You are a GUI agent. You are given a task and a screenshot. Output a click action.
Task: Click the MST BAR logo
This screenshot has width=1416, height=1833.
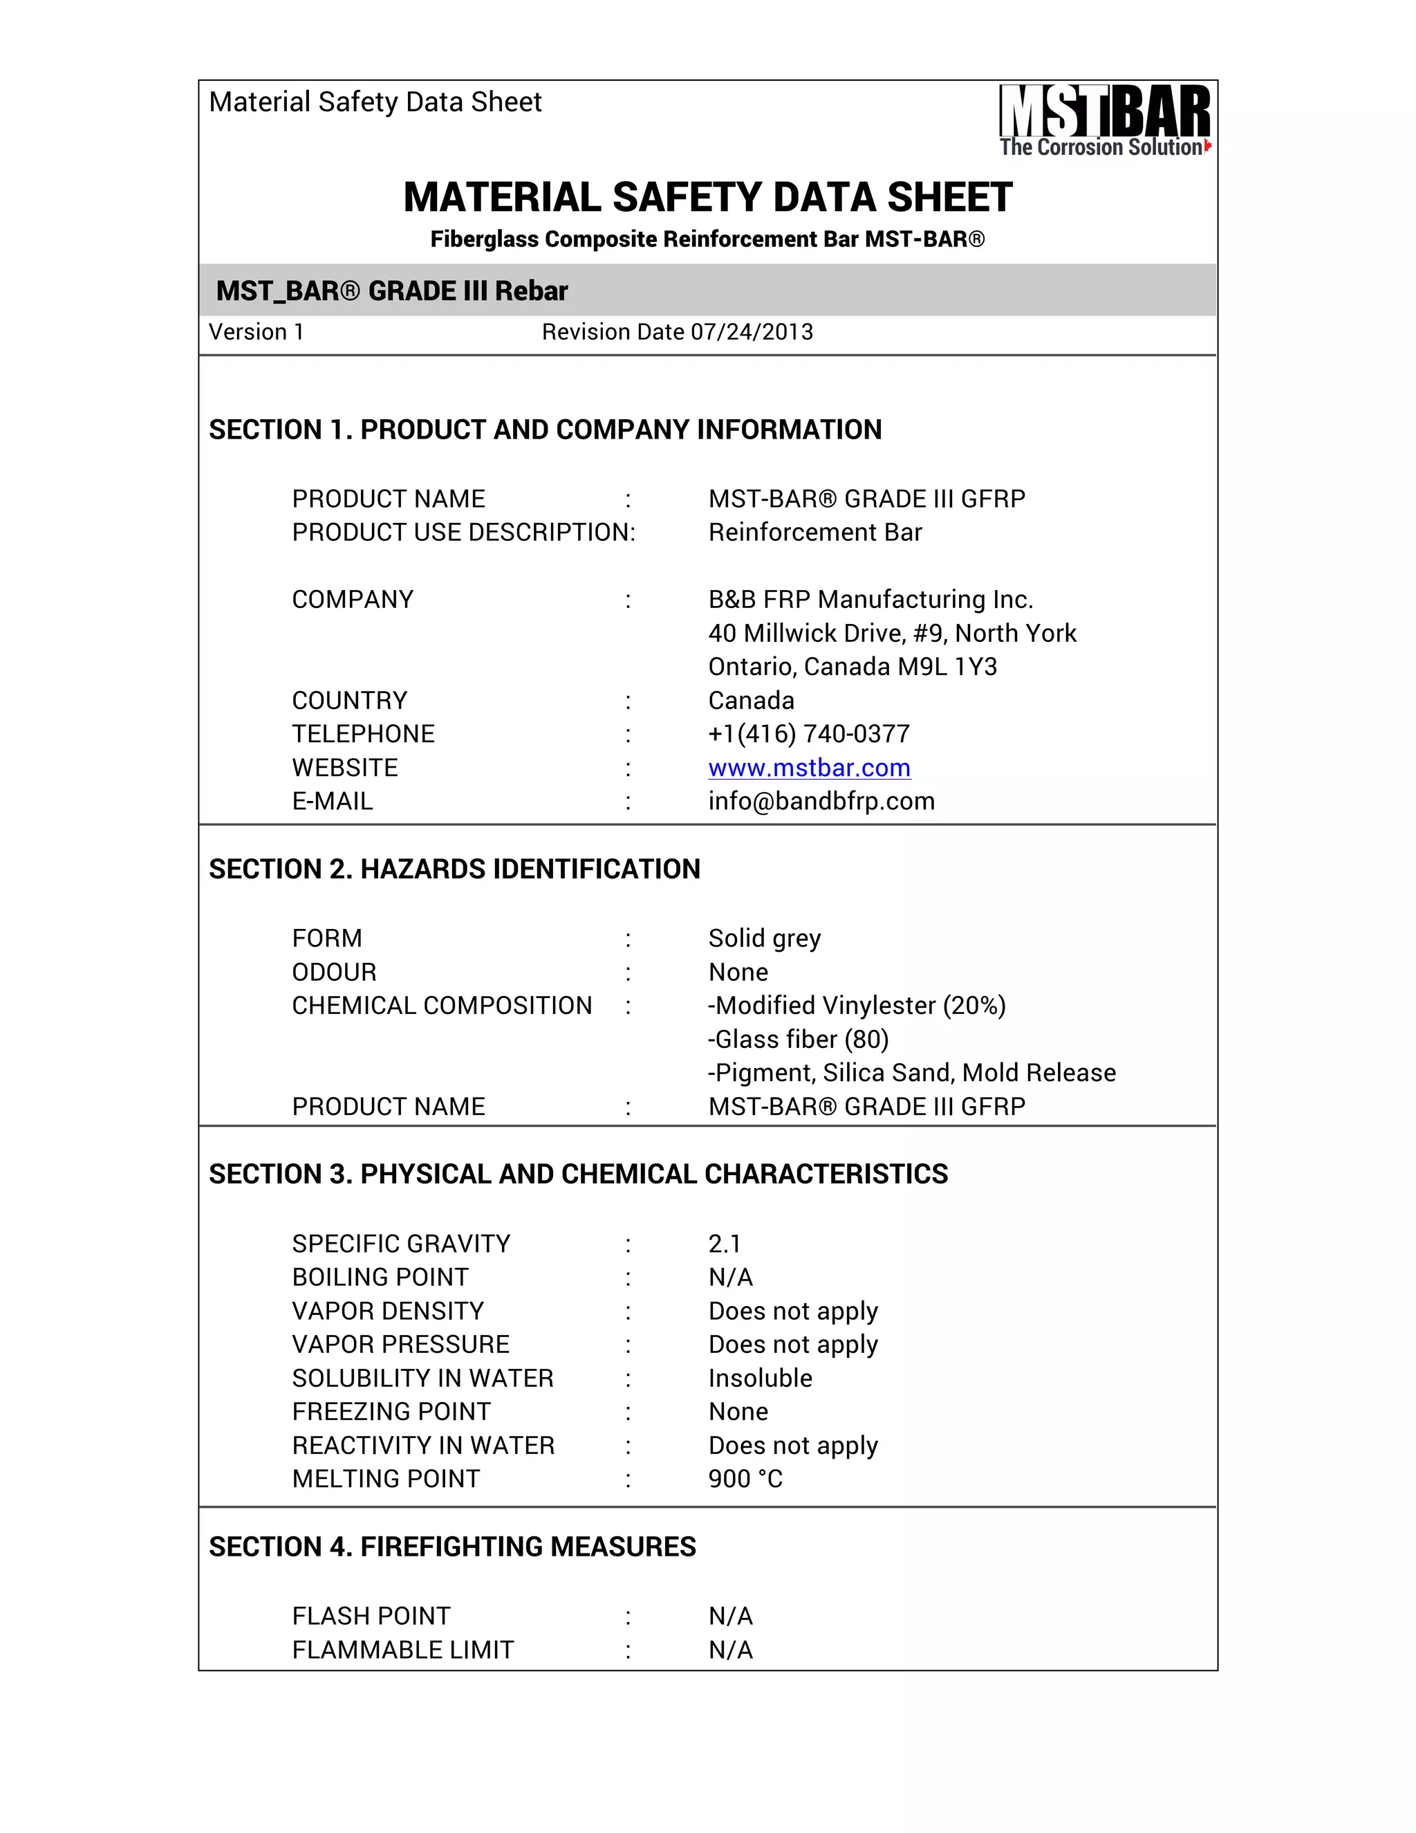tap(1104, 120)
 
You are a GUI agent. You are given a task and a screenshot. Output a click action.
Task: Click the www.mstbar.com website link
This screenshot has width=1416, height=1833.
tap(809, 767)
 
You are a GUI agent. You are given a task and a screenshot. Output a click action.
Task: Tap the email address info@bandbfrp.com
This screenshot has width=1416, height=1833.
tap(821, 801)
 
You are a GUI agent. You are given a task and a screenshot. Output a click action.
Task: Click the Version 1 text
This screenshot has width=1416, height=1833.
tap(256, 332)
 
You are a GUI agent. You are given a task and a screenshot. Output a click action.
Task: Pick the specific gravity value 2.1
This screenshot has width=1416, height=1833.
tap(724, 1243)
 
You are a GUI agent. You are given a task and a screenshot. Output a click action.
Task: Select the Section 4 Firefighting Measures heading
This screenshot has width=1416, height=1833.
tap(452, 1546)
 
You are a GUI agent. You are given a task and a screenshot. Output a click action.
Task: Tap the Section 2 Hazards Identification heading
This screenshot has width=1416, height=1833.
tap(454, 869)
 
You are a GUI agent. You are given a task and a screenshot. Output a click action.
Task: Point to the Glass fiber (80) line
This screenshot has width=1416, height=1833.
tap(798, 1039)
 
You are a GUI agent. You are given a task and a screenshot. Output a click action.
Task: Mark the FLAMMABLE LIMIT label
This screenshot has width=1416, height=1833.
tap(402, 1649)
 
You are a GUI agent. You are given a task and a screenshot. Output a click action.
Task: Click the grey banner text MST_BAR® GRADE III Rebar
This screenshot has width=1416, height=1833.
tap(392, 291)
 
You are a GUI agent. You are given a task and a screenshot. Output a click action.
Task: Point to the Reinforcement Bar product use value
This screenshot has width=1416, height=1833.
tap(814, 532)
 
